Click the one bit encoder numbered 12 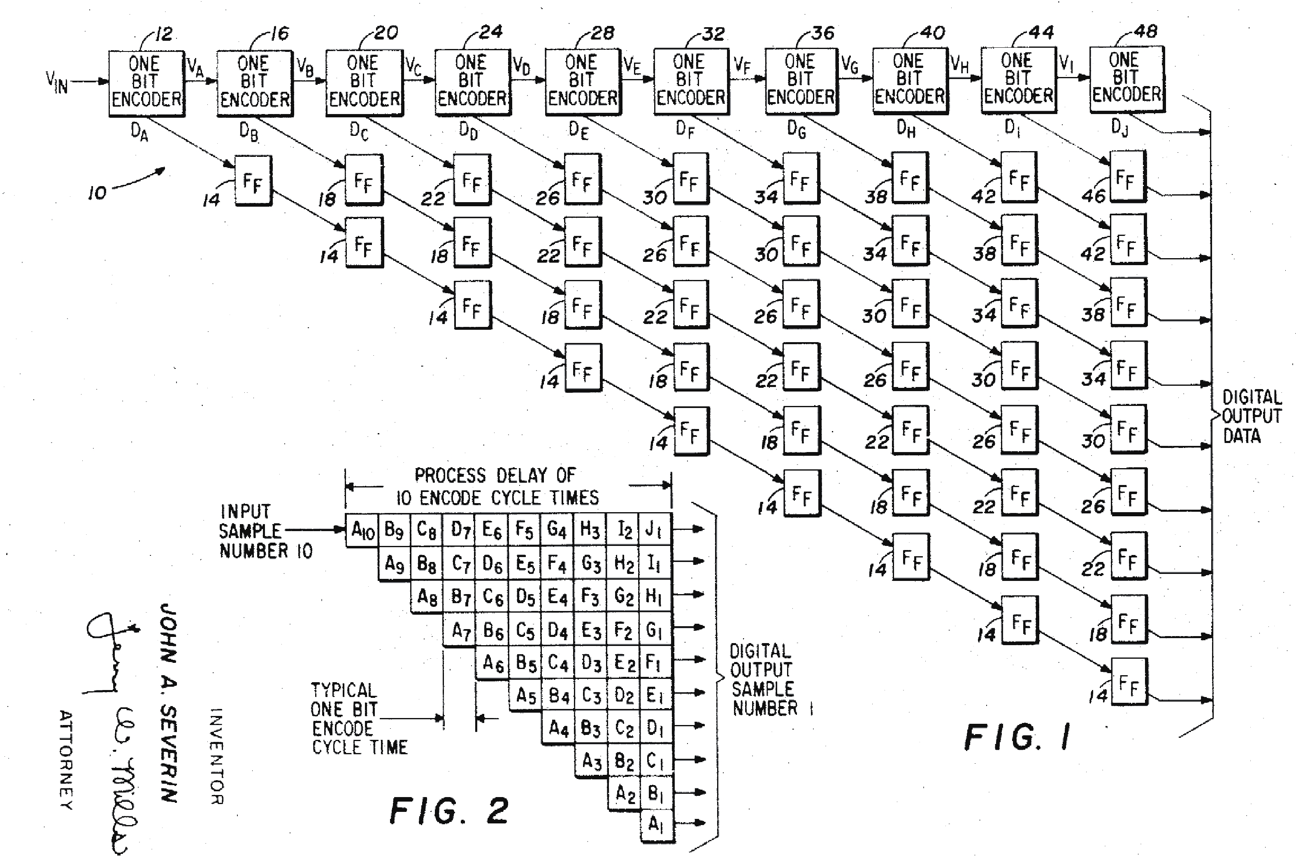pos(146,83)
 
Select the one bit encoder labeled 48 pos(1126,79)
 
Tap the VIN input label pos(57,83)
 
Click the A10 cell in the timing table pos(362,530)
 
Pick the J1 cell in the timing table pos(655,529)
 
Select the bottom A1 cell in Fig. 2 pos(656,823)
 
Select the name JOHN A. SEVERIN pos(168,703)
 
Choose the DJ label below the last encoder pos(1119,128)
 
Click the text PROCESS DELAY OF pos(495,475)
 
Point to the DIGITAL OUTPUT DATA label pos(1251,416)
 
